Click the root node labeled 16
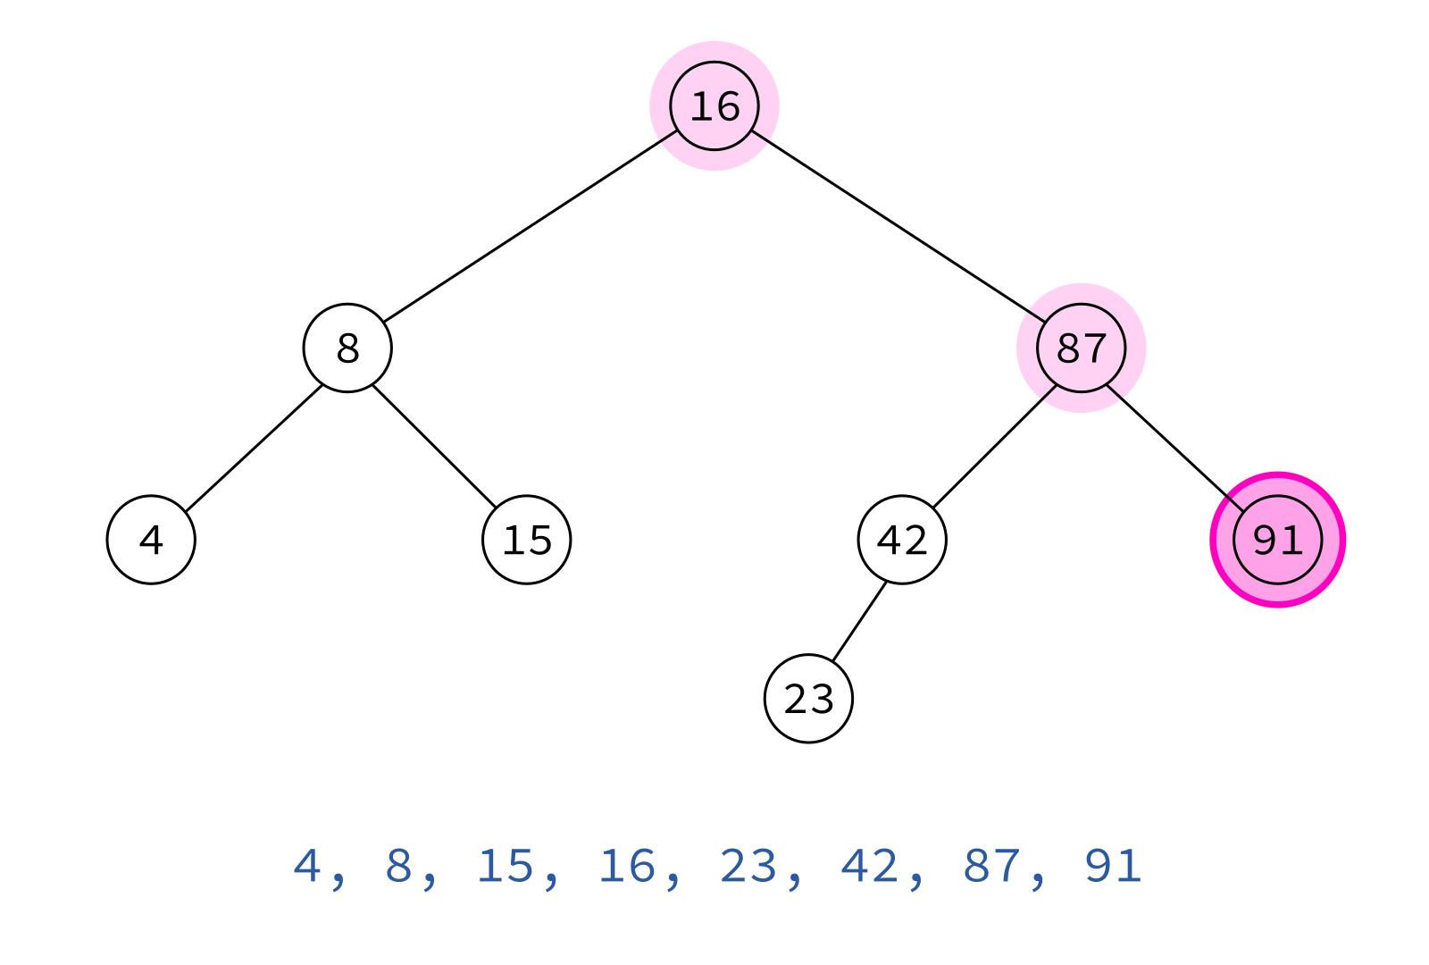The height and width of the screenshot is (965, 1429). [x=714, y=106]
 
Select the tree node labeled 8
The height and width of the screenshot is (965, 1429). [x=347, y=348]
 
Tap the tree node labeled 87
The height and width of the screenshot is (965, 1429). [x=1082, y=348]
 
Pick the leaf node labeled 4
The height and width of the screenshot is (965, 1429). [x=151, y=540]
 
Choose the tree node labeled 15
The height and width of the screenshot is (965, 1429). [x=527, y=540]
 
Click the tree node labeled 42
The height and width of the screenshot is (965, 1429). [x=902, y=540]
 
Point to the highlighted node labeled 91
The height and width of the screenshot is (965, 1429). [x=1278, y=540]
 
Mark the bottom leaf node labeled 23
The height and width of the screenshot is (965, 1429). [x=808, y=698]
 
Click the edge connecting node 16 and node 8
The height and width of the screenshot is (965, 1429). [x=531, y=227]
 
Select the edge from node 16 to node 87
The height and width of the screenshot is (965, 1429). [x=898, y=227]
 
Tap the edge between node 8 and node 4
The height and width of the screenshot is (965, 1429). [x=254, y=448]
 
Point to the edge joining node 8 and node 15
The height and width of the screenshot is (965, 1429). [x=434, y=447]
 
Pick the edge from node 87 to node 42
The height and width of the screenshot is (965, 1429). [x=995, y=447]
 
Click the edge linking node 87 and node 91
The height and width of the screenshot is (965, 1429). [x=1175, y=448]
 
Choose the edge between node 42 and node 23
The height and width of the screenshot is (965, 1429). [x=859, y=622]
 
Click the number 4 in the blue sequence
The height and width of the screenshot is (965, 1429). [x=307, y=866]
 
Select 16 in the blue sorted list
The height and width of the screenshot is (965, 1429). [x=627, y=866]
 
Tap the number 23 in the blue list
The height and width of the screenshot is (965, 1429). [x=748, y=866]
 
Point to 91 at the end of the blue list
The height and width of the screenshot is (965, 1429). [x=1113, y=866]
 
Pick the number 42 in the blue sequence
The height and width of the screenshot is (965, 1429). [x=870, y=866]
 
